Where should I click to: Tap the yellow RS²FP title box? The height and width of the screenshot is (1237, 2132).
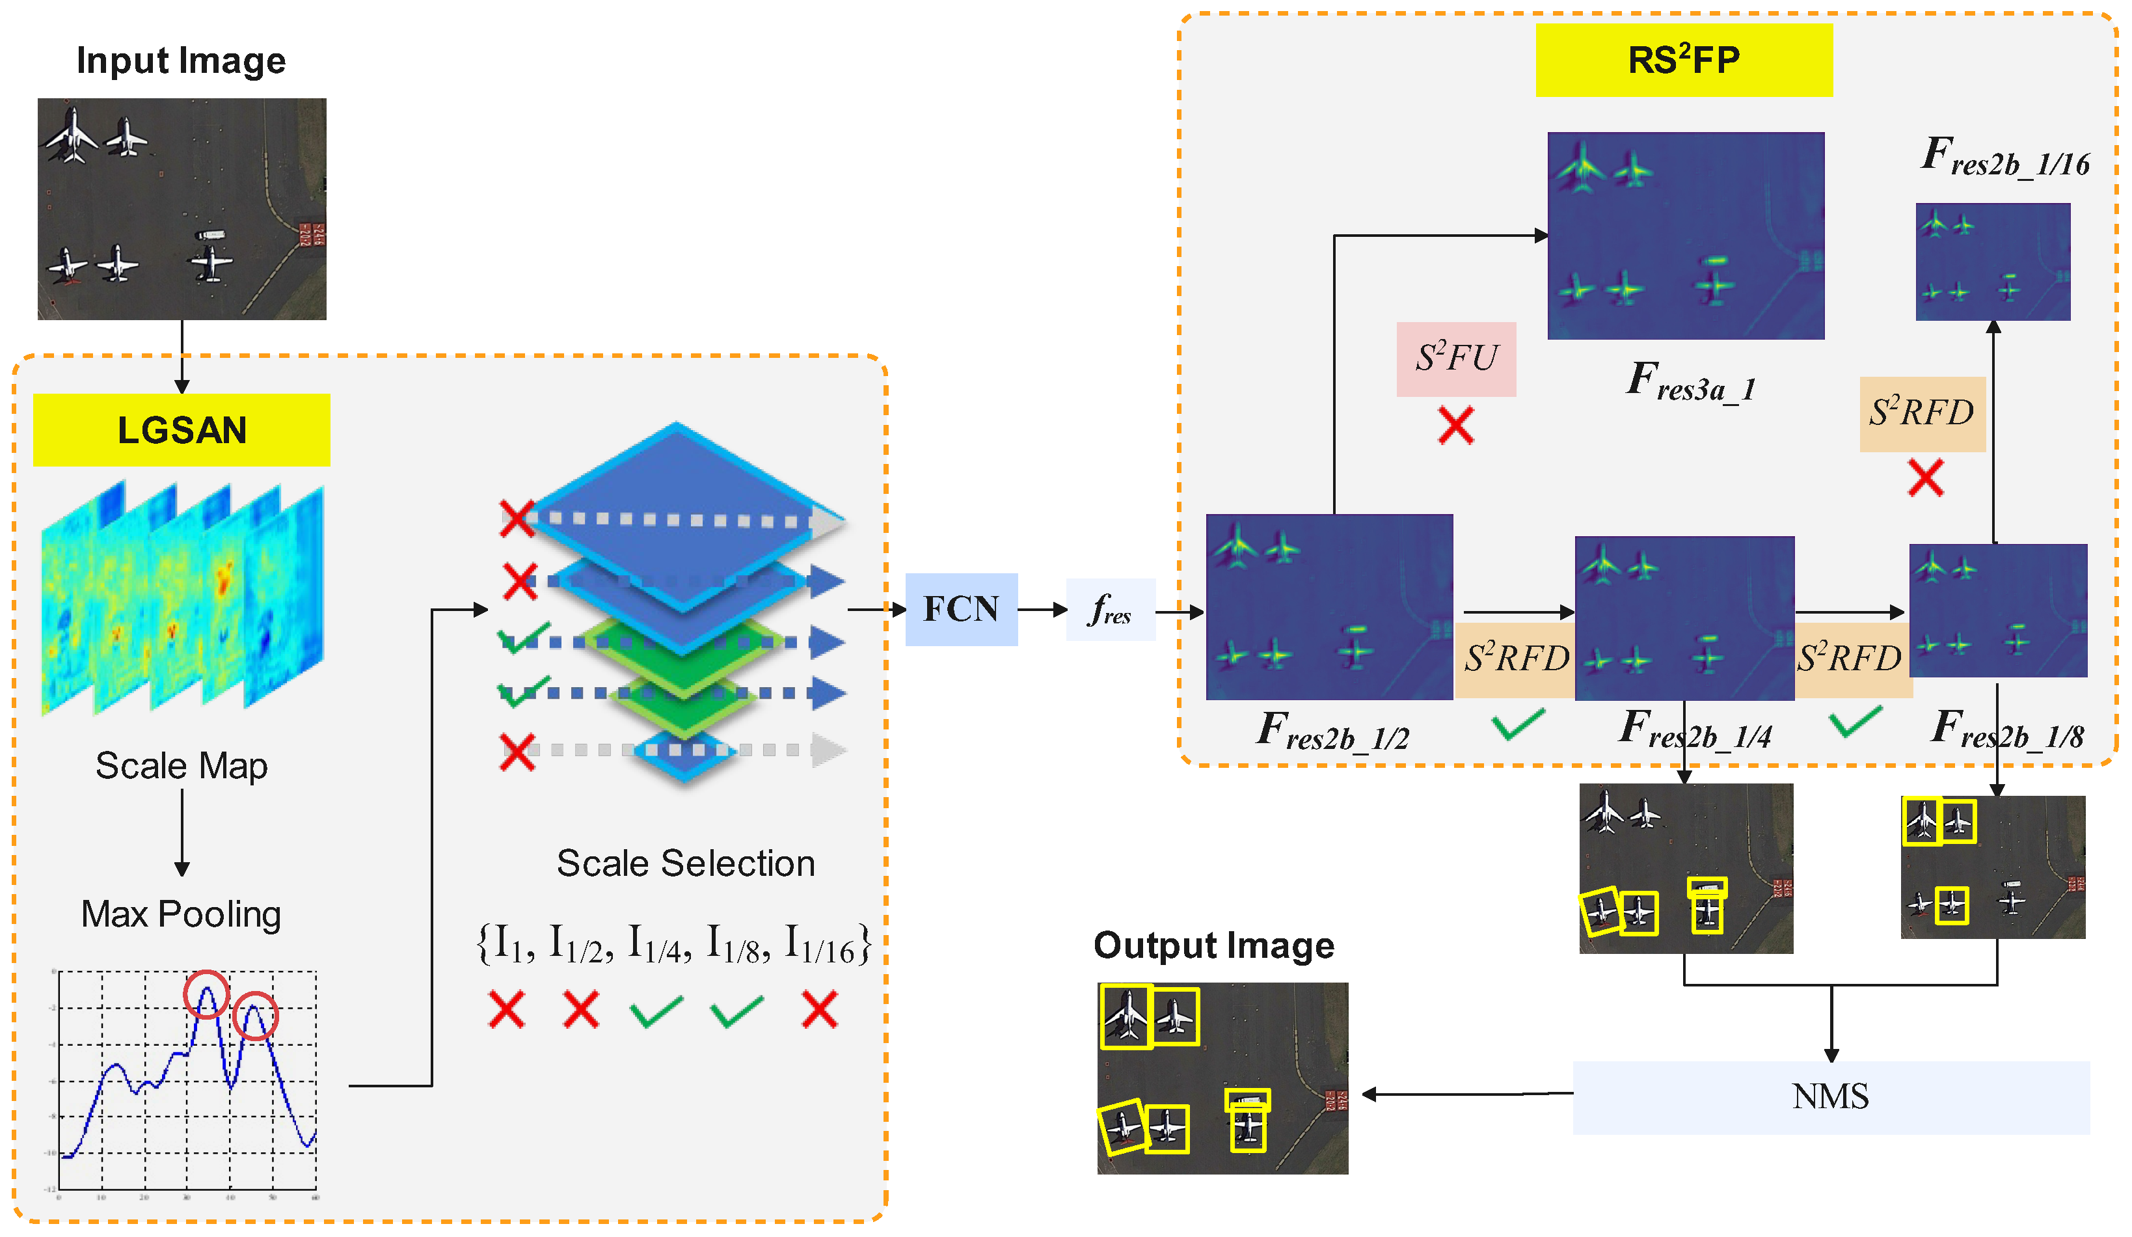(x=1684, y=60)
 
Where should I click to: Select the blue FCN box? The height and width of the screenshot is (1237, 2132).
(x=961, y=609)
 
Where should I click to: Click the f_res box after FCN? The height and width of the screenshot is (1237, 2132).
(x=1110, y=610)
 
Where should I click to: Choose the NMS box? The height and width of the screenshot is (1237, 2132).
(x=1831, y=1097)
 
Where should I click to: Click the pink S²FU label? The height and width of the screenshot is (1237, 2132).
(x=1456, y=359)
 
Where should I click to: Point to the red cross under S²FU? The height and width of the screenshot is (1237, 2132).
(x=1456, y=425)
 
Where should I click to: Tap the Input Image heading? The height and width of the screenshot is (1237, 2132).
(x=181, y=61)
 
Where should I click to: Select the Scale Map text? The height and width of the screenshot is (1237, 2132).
(x=181, y=766)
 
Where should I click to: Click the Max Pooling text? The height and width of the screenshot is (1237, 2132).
(x=181, y=914)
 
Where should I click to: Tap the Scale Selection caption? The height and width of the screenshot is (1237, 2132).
(x=685, y=863)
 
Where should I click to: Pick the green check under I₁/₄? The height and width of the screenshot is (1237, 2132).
(x=656, y=1011)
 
